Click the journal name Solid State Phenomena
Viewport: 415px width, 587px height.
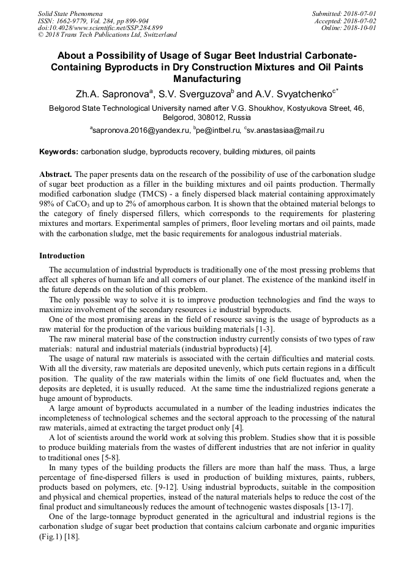pos(70,13)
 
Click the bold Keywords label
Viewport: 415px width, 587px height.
pos(59,151)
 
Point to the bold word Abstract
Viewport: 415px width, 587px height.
pos(56,174)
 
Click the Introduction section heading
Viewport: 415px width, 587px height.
pos(62,256)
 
